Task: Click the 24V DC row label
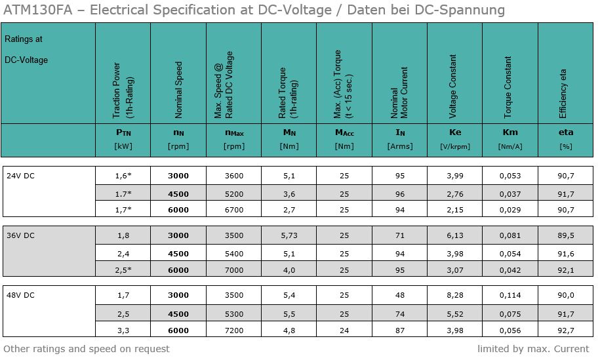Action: (20, 176)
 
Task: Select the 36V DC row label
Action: (20, 235)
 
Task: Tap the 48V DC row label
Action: (20, 295)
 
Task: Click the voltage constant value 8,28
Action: (455, 295)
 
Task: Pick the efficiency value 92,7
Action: (566, 330)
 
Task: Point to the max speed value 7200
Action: (233, 330)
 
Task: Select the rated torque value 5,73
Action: (289, 235)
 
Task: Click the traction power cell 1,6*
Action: (123, 176)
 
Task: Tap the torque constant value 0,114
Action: (510, 295)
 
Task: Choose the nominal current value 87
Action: (400, 330)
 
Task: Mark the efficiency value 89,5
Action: (566, 235)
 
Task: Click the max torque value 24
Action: (344, 330)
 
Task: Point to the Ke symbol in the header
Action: (455, 132)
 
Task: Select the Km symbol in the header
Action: (510, 132)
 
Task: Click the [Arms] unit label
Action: (400, 146)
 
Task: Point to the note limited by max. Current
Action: (533, 349)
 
